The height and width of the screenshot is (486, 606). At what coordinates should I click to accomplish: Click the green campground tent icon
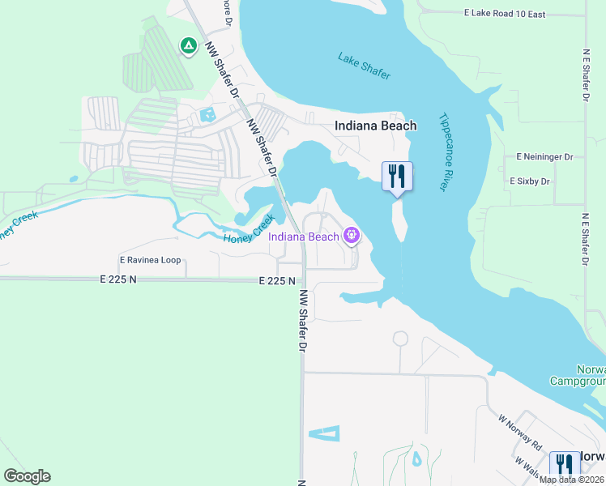188,45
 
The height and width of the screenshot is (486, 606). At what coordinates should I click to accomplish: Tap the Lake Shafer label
364,66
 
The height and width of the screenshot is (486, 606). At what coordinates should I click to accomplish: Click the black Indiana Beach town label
376,126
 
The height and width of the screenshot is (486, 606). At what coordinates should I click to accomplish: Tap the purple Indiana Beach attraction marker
351,236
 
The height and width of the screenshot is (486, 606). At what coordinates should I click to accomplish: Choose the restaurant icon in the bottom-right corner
565,466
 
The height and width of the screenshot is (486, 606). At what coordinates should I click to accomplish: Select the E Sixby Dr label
529,181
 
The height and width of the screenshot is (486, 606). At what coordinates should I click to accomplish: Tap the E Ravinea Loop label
150,261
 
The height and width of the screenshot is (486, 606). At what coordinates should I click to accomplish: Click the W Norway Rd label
519,433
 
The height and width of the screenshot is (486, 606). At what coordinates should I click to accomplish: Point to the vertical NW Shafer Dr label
304,321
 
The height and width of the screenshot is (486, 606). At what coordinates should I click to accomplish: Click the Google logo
27,475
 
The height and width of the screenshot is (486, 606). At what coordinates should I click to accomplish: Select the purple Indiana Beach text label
304,237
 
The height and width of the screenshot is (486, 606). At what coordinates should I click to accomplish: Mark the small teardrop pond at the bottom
416,459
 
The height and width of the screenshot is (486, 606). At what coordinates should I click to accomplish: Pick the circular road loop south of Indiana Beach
400,338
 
